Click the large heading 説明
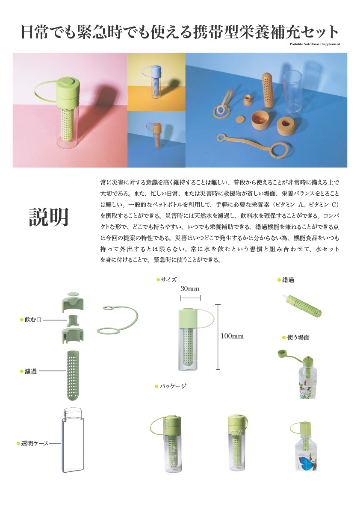click(x=49, y=217)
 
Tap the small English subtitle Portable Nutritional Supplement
click(x=315, y=44)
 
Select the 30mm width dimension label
click(x=190, y=288)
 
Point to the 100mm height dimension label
click(x=232, y=336)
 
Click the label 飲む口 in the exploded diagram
click(x=33, y=320)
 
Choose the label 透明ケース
click(x=35, y=444)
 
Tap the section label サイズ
click(x=169, y=280)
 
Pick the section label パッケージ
click(x=173, y=386)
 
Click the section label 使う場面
click(x=298, y=338)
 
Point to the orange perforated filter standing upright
click(x=268, y=90)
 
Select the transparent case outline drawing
click(x=73, y=440)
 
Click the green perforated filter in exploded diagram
click(x=73, y=375)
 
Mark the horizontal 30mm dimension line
click(x=190, y=298)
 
